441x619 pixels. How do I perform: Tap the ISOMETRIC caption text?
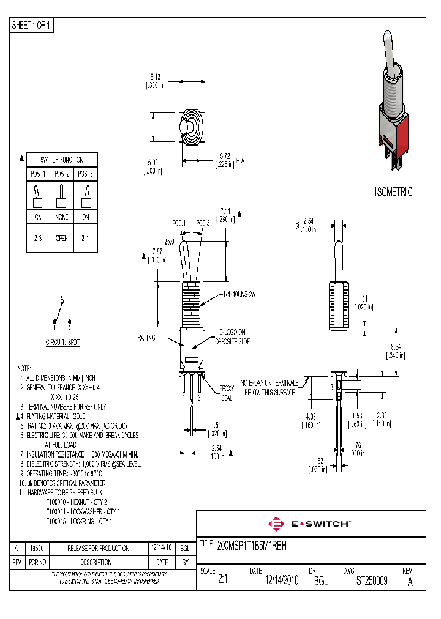coord(393,192)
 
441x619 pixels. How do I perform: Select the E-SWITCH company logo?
coord(309,524)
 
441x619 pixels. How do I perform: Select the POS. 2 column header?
coord(62,174)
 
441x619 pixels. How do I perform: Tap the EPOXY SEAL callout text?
coord(227,392)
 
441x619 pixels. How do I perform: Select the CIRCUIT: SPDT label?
coord(62,343)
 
